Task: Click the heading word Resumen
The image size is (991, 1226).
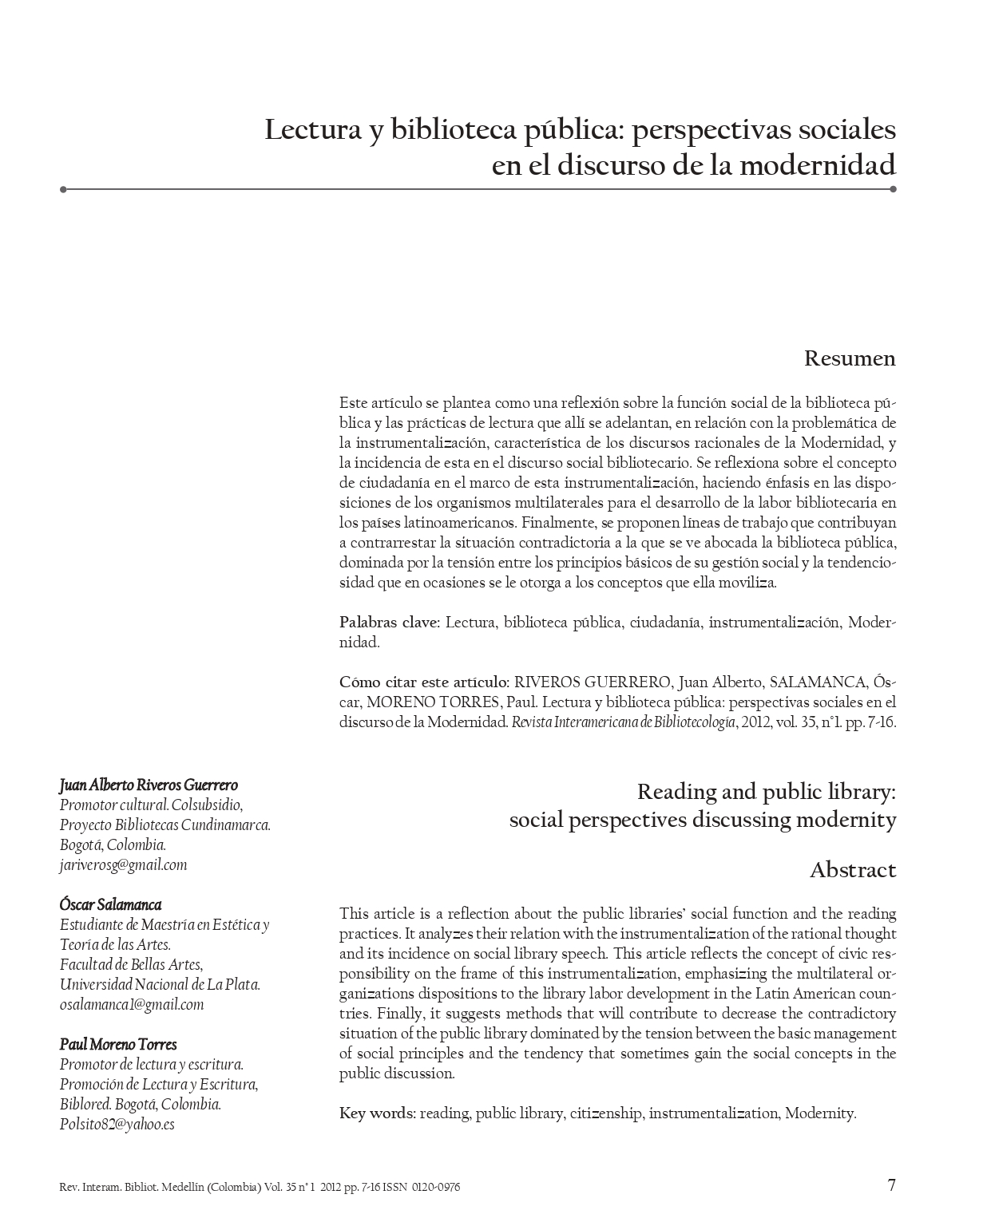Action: point(850,358)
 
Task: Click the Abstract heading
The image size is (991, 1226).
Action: point(853,870)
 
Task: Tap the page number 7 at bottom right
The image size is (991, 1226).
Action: point(892,1184)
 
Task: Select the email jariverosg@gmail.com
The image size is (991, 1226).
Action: point(123,864)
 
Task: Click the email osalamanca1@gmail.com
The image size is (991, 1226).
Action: point(132,1004)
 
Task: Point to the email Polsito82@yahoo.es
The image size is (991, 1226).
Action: point(117,1124)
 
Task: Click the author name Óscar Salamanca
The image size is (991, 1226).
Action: point(110,904)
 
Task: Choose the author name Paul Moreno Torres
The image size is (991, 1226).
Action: point(118,1044)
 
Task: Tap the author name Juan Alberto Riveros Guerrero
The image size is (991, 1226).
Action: point(149,785)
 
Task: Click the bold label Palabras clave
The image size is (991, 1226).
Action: point(389,623)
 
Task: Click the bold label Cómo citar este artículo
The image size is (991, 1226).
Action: point(424,682)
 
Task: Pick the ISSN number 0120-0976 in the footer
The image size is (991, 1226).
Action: point(436,1187)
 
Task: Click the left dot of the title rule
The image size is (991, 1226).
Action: point(63,189)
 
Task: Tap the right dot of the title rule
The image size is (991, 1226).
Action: point(893,189)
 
